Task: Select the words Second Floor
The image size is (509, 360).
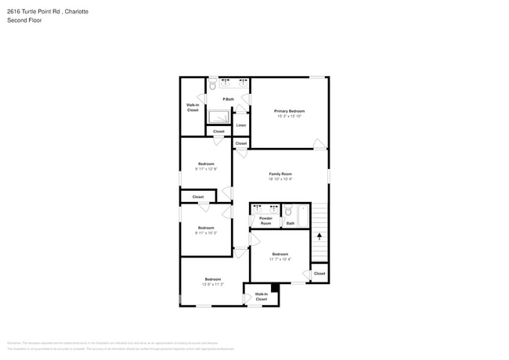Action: (x=24, y=20)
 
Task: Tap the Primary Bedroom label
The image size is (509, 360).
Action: (x=289, y=111)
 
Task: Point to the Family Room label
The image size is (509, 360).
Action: (x=280, y=174)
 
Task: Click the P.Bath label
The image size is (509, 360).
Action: (x=229, y=99)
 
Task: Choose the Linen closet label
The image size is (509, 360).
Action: (x=241, y=125)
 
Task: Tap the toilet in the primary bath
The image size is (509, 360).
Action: (x=212, y=85)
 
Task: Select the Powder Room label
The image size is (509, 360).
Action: (x=265, y=221)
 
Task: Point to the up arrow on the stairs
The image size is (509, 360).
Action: (x=319, y=235)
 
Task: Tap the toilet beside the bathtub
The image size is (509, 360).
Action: (x=287, y=211)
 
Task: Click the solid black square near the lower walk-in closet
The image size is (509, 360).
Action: (x=274, y=288)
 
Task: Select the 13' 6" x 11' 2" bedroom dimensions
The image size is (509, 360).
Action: (x=213, y=284)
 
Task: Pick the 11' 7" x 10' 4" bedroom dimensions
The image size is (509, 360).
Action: (x=280, y=259)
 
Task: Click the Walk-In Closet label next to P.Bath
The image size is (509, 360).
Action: (x=193, y=107)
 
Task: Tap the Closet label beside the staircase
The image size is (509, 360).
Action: (x=319, y=273)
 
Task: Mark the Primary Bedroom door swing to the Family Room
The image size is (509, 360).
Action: (x=319, y=144)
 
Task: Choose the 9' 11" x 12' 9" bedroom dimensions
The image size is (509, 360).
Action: (x=206, y=169)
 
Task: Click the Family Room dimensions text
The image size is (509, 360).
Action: (x=280, y=179)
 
